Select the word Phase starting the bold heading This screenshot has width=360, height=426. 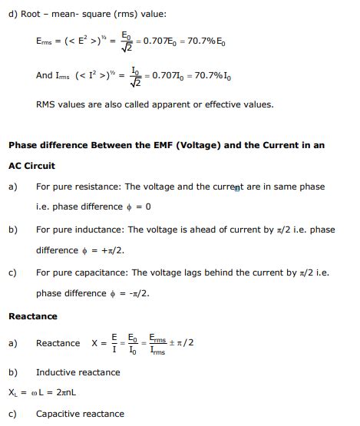pyautogui.click(x=23, y=145)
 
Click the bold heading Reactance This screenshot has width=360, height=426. pyautogui.click(x=33, y=315)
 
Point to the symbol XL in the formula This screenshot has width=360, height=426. pyautogui.click(x=13, y=393)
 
